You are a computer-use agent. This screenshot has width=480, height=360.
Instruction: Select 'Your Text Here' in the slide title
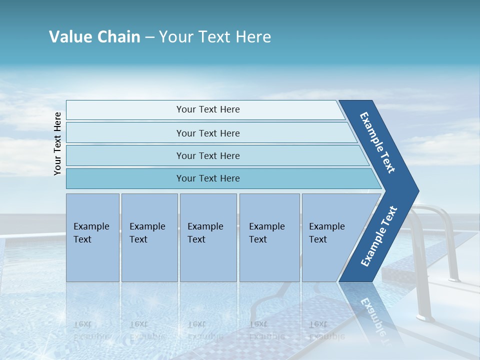pyautogui.click(x=215, y=37)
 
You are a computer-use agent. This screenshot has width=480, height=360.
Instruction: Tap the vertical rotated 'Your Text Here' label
pyautogui.click(x=57, y=143)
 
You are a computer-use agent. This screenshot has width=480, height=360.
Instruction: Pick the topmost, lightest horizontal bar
pyautogui.click(x=207, y=109)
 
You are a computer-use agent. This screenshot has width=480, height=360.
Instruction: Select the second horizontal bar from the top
pyautogui.click(x=207, y=133)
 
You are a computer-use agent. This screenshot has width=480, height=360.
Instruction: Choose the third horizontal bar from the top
pyautogui.click(x=207, y=155)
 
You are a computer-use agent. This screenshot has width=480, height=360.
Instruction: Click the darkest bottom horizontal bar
pyautogui.click(x=207, y=178)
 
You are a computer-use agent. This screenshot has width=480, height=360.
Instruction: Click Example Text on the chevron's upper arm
pyautogui.click(x=377, y=142)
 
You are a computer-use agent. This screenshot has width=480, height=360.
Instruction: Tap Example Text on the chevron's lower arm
pyautogui.click(x=379, y=236)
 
